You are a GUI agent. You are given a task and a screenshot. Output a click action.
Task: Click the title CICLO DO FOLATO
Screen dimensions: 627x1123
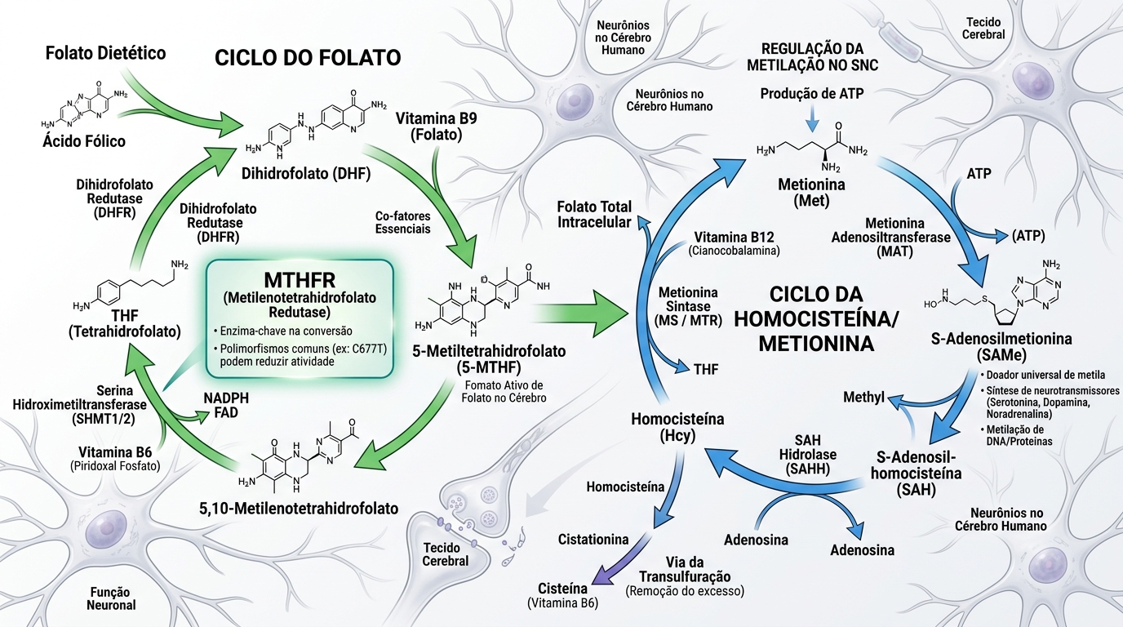[308, 58]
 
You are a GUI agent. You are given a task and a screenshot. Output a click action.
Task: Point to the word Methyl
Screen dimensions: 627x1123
[864, 398]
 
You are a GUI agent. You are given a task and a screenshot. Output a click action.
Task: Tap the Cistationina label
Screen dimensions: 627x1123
[593, 540]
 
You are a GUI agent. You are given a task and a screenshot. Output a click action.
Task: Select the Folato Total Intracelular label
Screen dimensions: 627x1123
[593, 215]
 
